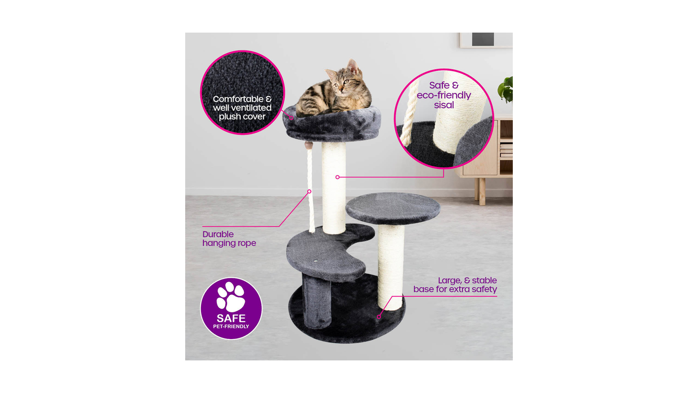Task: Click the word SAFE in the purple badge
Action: (x=231, y=318)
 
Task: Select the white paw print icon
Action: (x=231, y=297)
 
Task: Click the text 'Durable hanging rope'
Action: (x=229, y=238)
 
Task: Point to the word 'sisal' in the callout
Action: (x=444, y=105)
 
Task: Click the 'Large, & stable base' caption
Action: (x=455, y=285)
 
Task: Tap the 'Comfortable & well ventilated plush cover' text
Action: (x=242, y=108)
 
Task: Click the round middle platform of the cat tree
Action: (x=393, y=208)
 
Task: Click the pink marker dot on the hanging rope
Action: (x=309, y=191)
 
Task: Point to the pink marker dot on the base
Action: (x=379, y=317)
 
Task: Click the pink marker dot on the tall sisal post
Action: (x=337, y=177)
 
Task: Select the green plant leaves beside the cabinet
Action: (x=505, y=89)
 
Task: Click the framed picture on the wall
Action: (x=486, y=40)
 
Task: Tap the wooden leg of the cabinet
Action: (x=482, y=191)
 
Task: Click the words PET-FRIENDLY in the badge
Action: (x=231, y=326)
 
